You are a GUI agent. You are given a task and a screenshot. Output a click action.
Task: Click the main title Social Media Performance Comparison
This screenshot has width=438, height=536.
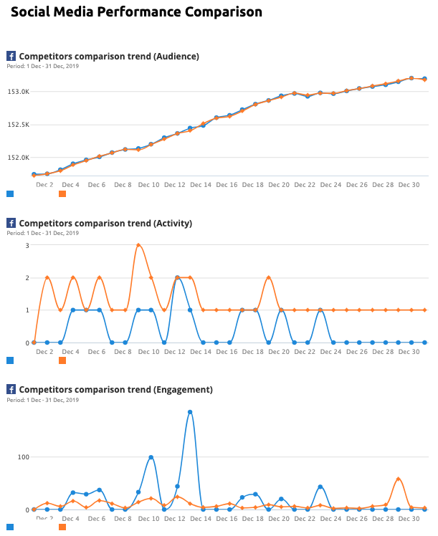point(136,12)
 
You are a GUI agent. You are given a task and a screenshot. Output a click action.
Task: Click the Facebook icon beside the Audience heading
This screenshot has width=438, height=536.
point(11,56)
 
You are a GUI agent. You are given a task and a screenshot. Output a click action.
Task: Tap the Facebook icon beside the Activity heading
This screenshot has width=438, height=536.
point(11,223)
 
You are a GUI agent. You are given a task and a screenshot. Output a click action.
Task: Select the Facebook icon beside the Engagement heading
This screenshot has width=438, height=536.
point(11,389)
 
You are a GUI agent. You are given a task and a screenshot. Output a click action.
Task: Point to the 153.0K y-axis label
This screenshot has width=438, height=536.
point(18,92)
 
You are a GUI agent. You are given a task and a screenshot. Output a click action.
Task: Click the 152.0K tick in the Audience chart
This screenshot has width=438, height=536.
point(18,157)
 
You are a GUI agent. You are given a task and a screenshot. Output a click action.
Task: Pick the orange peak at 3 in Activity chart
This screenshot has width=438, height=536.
point(138,245)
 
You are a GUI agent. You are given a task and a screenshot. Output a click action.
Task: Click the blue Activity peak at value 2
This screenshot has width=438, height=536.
point(177,277)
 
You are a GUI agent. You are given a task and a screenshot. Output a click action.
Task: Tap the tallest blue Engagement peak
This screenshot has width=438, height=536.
point(190,412)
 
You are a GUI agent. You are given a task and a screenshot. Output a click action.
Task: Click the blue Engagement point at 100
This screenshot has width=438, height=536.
point(151,457)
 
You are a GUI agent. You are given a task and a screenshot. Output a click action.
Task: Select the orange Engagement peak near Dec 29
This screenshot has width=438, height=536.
point(399,479)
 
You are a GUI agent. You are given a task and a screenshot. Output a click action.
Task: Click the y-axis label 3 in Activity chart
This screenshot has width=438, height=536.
point(27,245)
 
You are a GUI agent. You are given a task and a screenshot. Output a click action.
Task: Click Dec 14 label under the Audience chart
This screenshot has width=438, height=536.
point(201,185)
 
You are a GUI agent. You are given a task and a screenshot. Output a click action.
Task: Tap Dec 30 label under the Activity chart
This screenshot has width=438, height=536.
point(409,352)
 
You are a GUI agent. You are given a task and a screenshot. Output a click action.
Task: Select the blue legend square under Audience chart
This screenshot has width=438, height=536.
point(10,193)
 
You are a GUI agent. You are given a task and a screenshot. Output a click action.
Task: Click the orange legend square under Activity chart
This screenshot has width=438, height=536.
point(62,360)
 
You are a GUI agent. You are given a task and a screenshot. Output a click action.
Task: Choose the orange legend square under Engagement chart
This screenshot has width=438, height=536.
point(62,527)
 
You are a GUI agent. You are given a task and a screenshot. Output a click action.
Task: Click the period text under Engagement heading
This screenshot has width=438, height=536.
point(43,399)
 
